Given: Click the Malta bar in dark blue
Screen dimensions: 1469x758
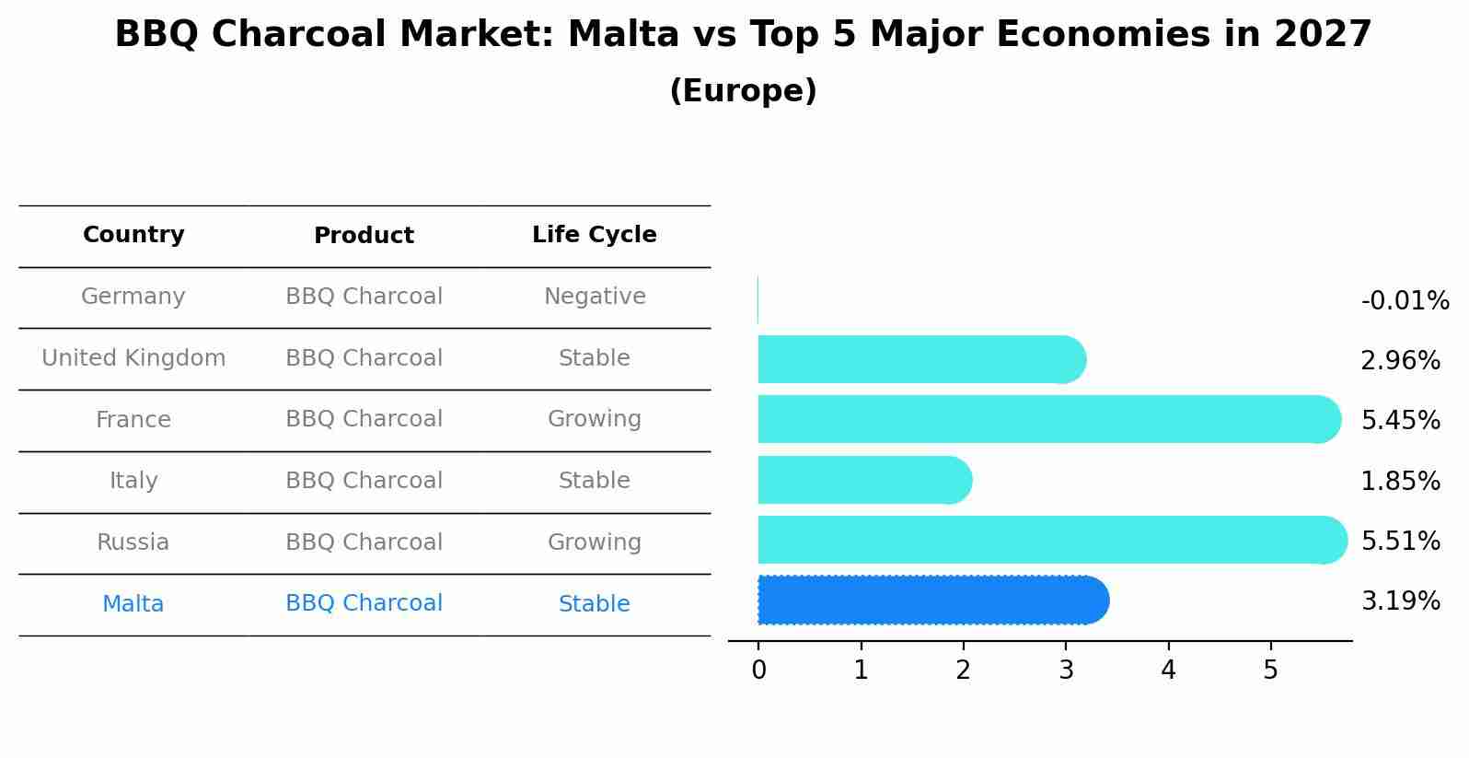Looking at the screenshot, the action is point(933,600).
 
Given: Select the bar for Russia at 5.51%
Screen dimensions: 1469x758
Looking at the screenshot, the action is point(1053,540).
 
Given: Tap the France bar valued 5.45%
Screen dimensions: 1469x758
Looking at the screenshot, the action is point(1049,419).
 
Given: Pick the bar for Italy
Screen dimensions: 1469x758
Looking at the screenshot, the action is point(865,480).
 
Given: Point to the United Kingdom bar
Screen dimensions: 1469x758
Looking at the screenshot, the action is point(922,359).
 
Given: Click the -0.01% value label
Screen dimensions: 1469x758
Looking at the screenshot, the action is point(1405,300).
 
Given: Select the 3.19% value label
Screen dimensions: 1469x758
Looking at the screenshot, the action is point(1401,601).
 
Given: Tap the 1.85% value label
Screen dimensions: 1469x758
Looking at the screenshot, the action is point(1401,481).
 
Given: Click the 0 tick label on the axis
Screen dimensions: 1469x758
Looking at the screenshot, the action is point(758,670).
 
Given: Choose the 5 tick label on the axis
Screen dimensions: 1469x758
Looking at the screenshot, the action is point(1270,670).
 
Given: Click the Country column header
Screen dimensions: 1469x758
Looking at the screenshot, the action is point(133,234).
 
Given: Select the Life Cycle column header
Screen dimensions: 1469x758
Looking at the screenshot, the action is point(595,234).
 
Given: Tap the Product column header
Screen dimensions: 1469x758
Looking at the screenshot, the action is point(364,235).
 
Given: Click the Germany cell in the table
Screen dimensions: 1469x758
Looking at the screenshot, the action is point(133,296).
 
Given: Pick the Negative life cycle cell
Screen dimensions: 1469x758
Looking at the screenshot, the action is point(595,296).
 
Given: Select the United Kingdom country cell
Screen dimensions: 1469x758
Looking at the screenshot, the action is point(133,357).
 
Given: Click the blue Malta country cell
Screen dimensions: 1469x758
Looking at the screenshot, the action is point(133,603).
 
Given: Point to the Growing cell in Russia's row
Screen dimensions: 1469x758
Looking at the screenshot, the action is point(595,542).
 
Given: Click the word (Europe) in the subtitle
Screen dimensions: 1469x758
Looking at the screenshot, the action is point(743,90).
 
